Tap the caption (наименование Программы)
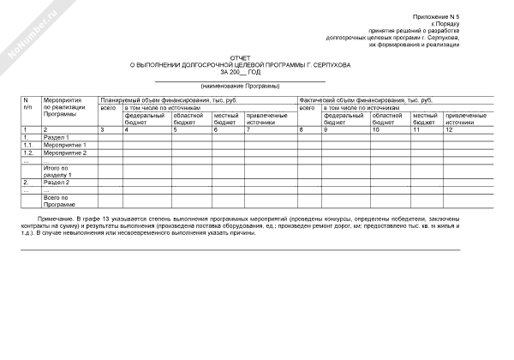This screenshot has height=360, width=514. (x=240, y=87)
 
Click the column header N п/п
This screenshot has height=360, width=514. (x=27, y=105)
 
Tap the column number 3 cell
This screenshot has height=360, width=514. (x=103, y=129)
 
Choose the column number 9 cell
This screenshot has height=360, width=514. (x=326, y=129)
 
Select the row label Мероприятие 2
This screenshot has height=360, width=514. (x=65, y=152)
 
